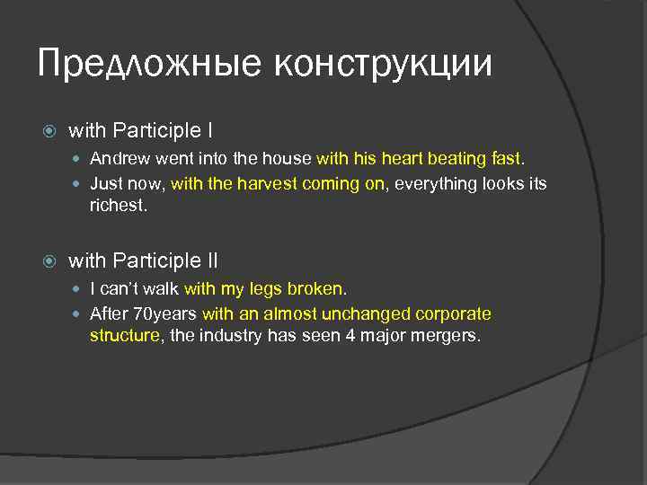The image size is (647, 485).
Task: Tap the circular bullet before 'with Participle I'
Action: coord(49,131)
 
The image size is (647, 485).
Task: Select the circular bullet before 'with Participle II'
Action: coord(49,261)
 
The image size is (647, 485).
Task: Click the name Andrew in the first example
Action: coord(120,159)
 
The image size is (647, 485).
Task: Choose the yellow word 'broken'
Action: coord(315,289)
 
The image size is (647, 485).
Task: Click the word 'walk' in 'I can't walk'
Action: coord(162,289)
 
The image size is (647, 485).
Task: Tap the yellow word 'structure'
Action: coord(124,336)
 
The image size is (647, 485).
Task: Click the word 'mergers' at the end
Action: coord(449,336)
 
